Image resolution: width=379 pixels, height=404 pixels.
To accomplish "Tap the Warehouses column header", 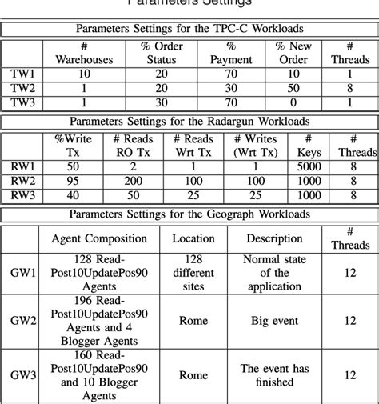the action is tap(85, 53).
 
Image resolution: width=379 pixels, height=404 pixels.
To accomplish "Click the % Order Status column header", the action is tap(162, 53).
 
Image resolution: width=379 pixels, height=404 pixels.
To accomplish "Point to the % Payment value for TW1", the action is tap(230, 74).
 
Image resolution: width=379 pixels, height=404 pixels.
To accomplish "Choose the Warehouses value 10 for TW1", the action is tap(85, 74).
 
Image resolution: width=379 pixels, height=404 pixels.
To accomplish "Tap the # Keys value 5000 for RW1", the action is tap(307, 166).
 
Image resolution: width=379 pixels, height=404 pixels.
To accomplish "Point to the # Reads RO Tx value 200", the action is tap(134, 181).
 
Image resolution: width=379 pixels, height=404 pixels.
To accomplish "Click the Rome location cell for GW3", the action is tap(193, 374).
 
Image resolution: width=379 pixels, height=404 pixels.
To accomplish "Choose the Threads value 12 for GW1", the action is tap(350, 272).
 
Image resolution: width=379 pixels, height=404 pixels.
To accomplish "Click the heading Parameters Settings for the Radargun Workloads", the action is tap(189, 122).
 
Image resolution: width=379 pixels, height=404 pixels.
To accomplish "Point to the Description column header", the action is tap(274, 238).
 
